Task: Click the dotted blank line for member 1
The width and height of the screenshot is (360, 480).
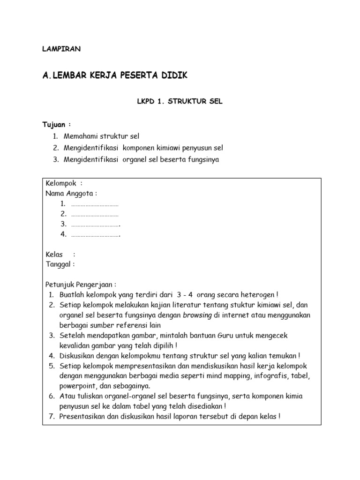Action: pyautogui.click(x=95, y=204)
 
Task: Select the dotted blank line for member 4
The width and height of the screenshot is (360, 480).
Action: pyautogui.click(x=96, y=234)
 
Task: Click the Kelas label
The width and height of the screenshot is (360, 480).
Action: pyautogui.click(x=54, y=255)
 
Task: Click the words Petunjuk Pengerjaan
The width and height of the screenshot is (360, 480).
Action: pyautogui.click(x=81, y=285)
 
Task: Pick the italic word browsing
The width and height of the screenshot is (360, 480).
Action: pyautogui.click(x=197, y=315)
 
